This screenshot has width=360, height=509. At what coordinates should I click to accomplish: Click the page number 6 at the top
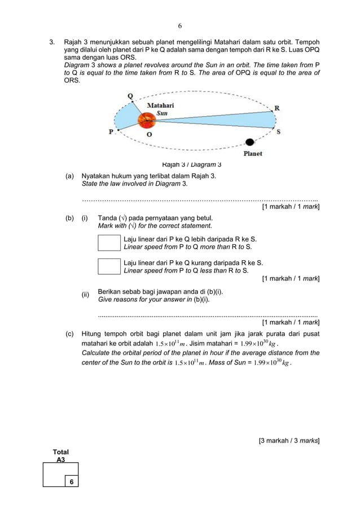click(180, 26)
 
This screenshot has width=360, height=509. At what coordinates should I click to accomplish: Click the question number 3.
click(52, 42)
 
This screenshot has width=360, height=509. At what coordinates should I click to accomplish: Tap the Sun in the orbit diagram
click(148, 120)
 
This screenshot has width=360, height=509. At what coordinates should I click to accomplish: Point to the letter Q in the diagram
click(130, 96)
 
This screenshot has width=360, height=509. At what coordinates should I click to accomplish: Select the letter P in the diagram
click(111, 132)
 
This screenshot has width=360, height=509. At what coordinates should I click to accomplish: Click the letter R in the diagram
click(277, 107)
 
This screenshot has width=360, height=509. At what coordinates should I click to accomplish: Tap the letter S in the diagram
click(278, 131)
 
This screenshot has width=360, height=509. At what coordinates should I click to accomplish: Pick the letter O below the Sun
click(149, 135)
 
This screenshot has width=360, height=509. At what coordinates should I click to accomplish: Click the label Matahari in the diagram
click(160, 105)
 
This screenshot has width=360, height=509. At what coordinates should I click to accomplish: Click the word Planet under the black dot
click(252, 153)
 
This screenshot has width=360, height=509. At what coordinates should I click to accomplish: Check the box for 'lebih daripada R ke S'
click(109, 243)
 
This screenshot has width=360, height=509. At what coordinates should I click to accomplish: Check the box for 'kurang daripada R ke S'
click(109, 266)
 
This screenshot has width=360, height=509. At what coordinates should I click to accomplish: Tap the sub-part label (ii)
click(86, 295)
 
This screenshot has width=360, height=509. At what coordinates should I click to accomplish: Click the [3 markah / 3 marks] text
click(289, 440)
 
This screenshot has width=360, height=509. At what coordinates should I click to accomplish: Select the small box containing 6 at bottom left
click(71, 481)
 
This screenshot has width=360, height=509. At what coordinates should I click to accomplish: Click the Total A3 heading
click(60, 456)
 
